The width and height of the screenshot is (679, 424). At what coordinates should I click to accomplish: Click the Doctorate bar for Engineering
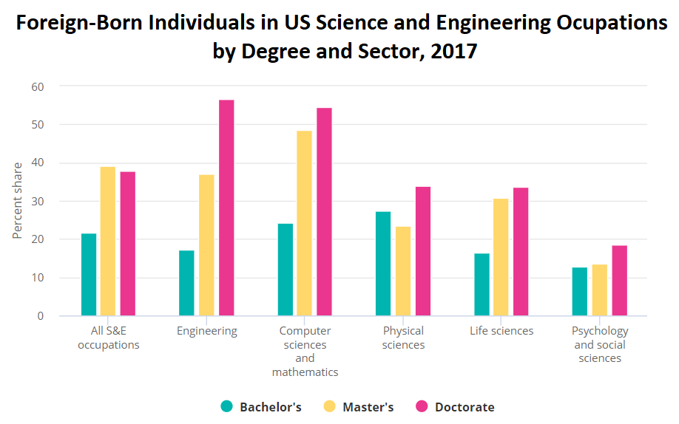click(x=226, y=208)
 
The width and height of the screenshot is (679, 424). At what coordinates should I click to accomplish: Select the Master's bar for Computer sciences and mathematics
click(x=305, y=223)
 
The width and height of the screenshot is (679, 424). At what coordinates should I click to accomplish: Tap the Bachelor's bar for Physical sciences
click(x=383, y=264)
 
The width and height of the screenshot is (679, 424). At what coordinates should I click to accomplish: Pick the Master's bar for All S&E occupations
click(x=108, y=241)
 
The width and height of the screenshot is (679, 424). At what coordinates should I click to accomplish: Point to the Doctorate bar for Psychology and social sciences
click(x=620, y=281)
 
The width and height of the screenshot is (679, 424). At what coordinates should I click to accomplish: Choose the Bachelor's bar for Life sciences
click(x=482, y=284)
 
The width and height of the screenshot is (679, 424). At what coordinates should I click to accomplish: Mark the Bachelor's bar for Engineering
click(x=186, y=283)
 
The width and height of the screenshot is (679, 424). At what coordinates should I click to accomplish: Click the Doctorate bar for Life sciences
click(x=521, y=252)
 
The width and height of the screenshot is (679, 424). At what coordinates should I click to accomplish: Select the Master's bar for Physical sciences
click(x=403, y=271)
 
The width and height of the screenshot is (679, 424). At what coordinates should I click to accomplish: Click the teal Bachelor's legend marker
click(x=226, y=406)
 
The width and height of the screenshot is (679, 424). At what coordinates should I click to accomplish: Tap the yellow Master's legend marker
click(x=330, y=406)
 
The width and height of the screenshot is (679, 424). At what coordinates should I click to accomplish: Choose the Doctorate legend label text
click(x=465, y=407)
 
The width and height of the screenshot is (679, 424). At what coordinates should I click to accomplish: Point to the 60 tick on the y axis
click(x=38, y=87)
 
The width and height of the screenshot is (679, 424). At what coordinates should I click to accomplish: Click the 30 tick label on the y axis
click(x=38, y=202)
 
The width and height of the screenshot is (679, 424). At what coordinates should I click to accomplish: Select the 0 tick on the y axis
click(x=40, y=316)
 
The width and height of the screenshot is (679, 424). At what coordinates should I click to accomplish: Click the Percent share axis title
click(x=17, y=201)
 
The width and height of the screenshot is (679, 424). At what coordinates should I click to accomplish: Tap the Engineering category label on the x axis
click(x=207, y=332)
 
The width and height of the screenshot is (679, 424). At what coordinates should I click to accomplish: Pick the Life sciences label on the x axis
click(x=501, y=331)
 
